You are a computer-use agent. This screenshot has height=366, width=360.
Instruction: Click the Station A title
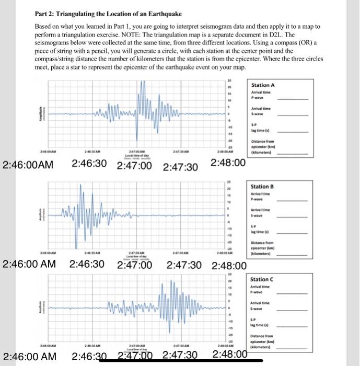pos(263,85)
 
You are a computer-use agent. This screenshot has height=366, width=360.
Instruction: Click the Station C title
pos(263,280)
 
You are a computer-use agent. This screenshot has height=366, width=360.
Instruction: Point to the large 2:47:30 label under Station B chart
pos(184,265)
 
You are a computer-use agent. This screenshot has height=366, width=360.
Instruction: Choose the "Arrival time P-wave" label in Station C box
pos(262,290)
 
